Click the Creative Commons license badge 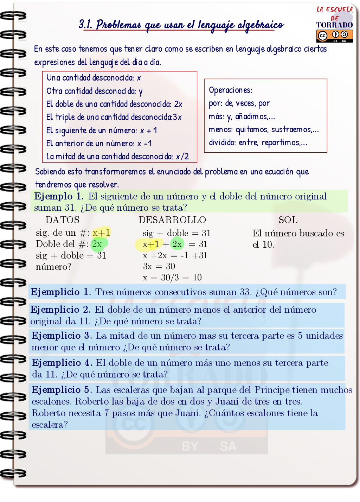pos(334,36)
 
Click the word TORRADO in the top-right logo pos(334,25)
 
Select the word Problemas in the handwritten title pos(118,25)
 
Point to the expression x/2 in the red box pos(182,156)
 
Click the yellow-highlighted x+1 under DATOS pos(101,233)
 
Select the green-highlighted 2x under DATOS pos(97,244)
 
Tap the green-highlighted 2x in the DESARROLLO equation pos(177,244)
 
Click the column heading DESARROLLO pos(172,220)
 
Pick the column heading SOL pos(288,220)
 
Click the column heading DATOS pos(63,220)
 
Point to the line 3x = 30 pos(159,266)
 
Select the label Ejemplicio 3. pos(62,336)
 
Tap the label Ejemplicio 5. pos(62,390)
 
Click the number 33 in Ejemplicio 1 pos(245,292)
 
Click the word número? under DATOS pos(53,267)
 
